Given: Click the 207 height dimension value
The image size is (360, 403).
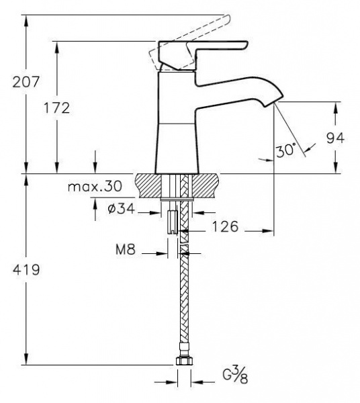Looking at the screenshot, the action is click(x=26, y=82).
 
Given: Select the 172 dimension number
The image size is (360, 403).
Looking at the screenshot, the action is click(x=56, y=108).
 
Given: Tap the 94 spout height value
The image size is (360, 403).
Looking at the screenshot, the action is click(x=335, y=138).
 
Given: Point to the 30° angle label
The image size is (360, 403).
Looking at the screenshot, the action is click(x=286, y=150).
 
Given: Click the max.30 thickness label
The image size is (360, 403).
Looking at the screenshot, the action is click(x=95, y=186).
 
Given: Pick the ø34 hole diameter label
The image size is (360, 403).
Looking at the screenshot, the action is click(x=122, y=208).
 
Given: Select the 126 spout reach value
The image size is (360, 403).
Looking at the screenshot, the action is click(x=225, y=227).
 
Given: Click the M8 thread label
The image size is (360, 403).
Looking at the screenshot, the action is click(x=126, y=249).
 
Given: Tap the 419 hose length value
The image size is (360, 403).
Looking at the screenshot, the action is click(x=26, y=270).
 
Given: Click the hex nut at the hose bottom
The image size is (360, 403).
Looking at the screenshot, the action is click(x=184, y=361).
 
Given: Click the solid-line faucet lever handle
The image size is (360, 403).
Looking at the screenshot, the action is click(x=203, y=54).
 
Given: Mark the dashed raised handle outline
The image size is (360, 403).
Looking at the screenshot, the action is click(x=188, y=43).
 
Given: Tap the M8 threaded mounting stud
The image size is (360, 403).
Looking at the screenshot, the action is click(x=173, y=222).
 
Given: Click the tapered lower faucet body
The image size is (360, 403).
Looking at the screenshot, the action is click(x=177, y=148).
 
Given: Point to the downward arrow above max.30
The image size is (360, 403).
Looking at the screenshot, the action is click(x=95, y=162).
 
